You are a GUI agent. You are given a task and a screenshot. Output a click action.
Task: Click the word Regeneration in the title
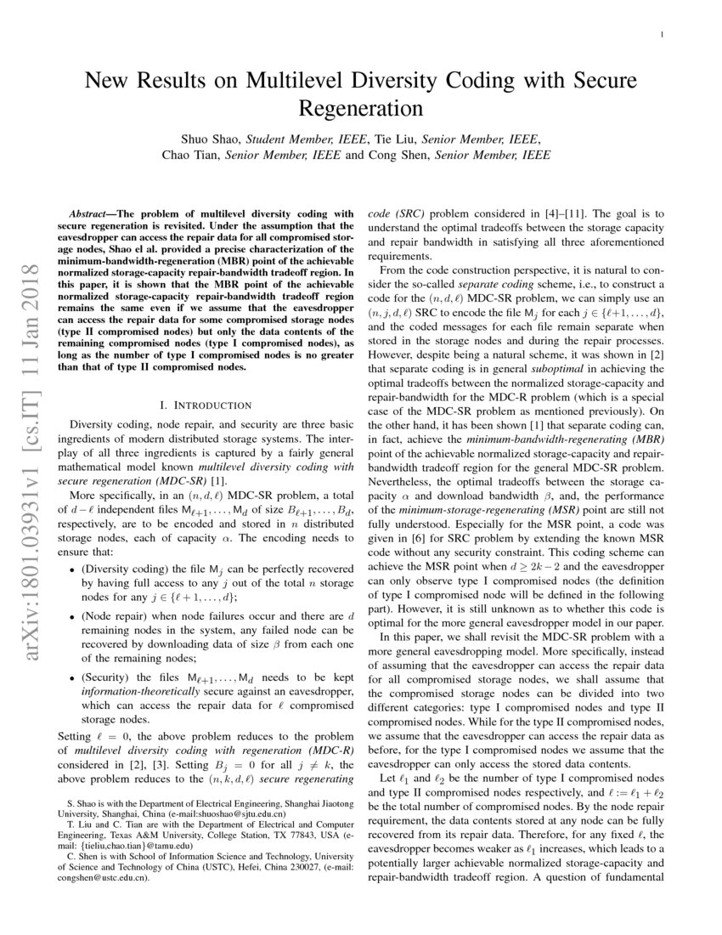tap(361, 109)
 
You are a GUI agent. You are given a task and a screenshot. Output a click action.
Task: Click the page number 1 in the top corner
tap(662, 35)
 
